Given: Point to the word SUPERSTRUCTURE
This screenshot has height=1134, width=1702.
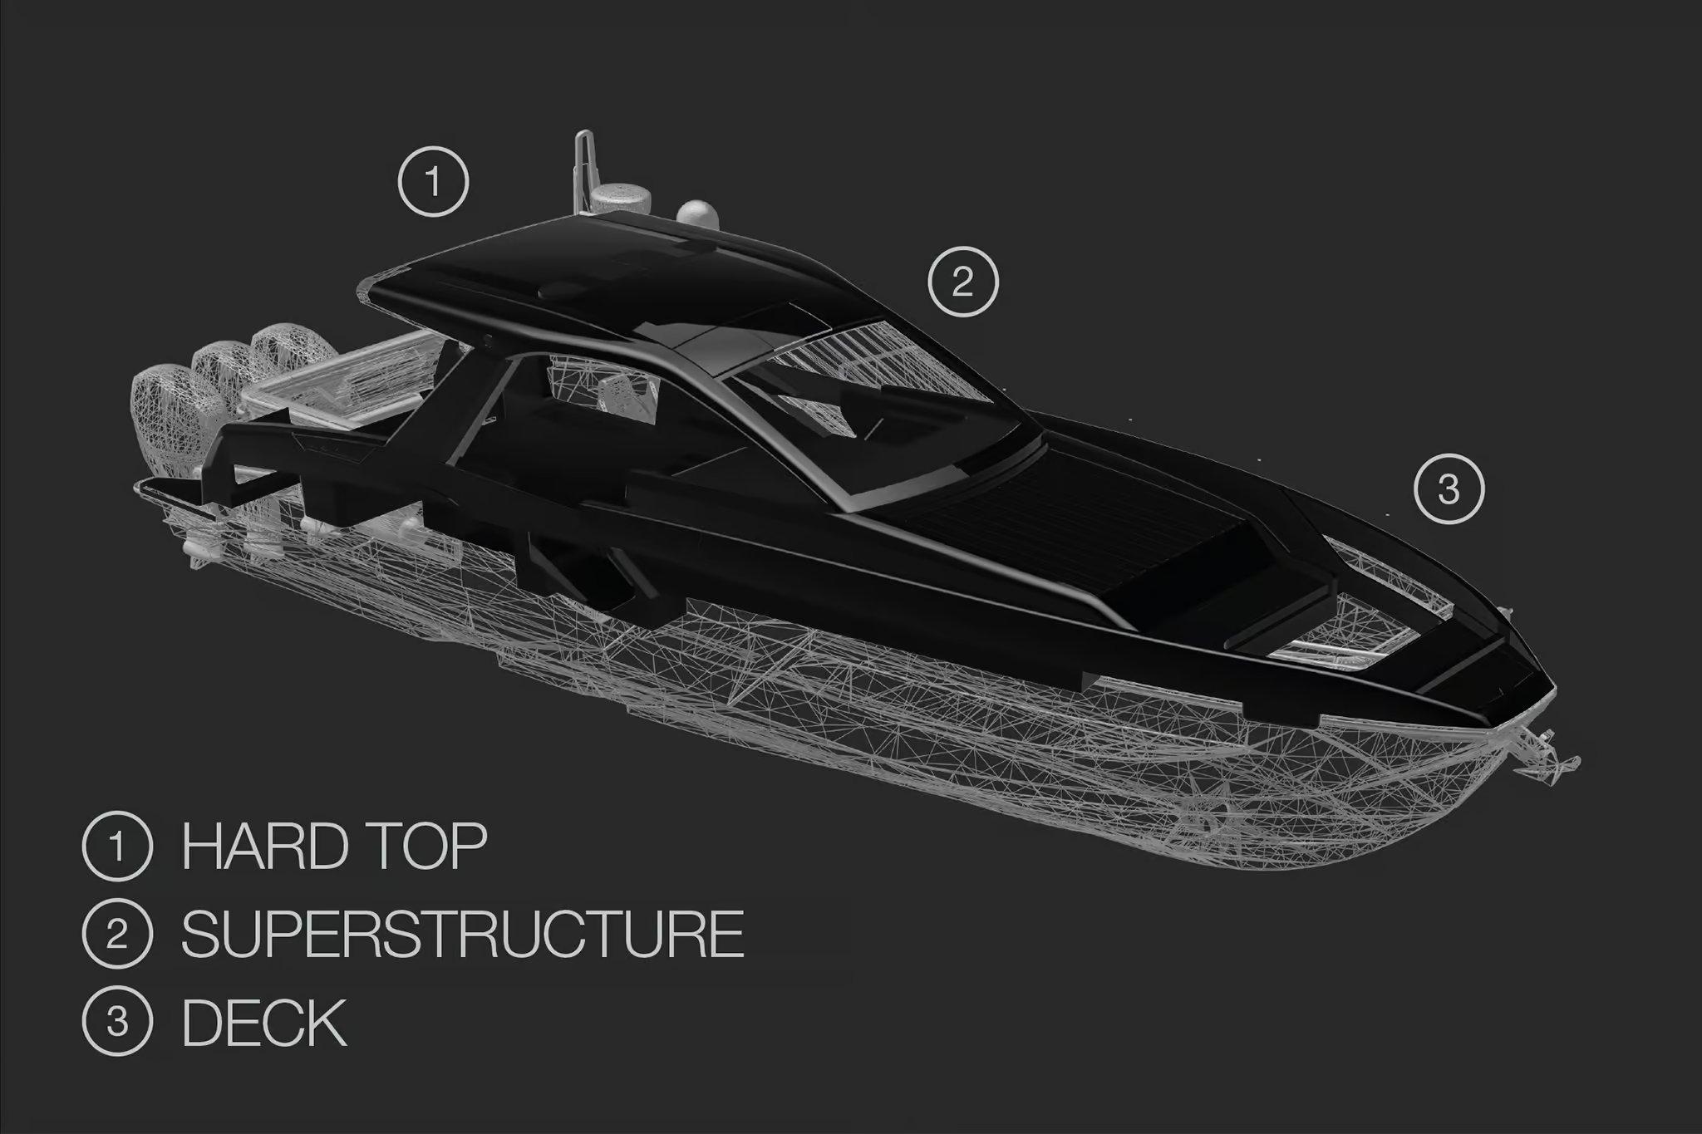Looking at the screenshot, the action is coord(463,933).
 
